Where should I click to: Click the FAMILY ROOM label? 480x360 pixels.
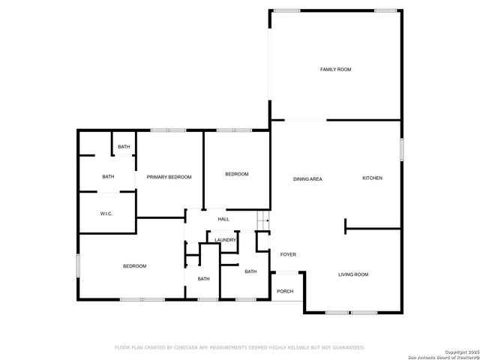pyautogui.click(x=335, y=69)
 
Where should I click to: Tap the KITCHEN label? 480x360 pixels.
pyautogui.click(x=372, y=178)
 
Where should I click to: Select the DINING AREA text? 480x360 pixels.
pyautogui.click(x=307, y=178)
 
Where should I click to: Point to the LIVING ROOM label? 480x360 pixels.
pyautogui.click(x=352, y=274)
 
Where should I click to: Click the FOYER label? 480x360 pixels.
pyautogui.click(x=288, y=254)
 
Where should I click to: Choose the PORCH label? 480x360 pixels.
pyautogui.click(x=285, y=291)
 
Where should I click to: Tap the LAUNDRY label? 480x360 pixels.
pyautogui.click(x=225, y=240)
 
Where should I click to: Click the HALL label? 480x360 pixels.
pyautogui.click(x=223, y=219)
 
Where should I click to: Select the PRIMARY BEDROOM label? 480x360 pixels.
pyautogui.click(x=169, y=177)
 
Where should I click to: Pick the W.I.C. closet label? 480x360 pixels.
pyautogui.click(x=106, y=214)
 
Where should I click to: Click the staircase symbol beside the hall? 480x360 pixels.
pyautogui.click(x=262, y=220)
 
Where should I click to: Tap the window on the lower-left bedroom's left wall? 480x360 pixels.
pyautogui.click(x=77, y=265)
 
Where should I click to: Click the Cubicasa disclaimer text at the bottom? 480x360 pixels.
pyautogui.click(x=239, y=348)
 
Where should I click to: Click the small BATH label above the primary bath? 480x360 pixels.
pyautogui.click(x=124, y=146)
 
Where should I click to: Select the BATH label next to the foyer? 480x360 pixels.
pyautogui.click(x=250, y=271)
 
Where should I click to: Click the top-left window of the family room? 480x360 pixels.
pyautogui.click(x=286, y=10)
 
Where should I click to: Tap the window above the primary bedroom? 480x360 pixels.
pyautogui.click(x=168, y=130)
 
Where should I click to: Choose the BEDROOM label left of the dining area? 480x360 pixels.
pyautogui.click(x=237, y=174)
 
